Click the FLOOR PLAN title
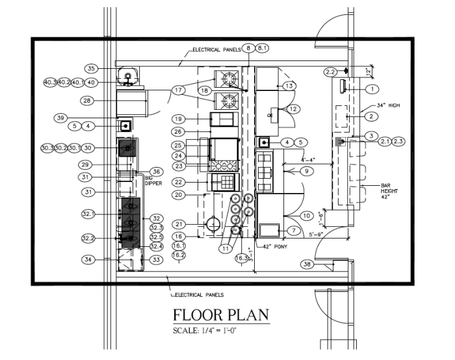[221, 315]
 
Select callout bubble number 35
[92, 68]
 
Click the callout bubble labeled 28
[87, 101]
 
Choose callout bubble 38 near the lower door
[306, 264]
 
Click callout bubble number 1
[372, 89]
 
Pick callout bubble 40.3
[50, 83]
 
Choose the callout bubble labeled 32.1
[88, 213]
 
